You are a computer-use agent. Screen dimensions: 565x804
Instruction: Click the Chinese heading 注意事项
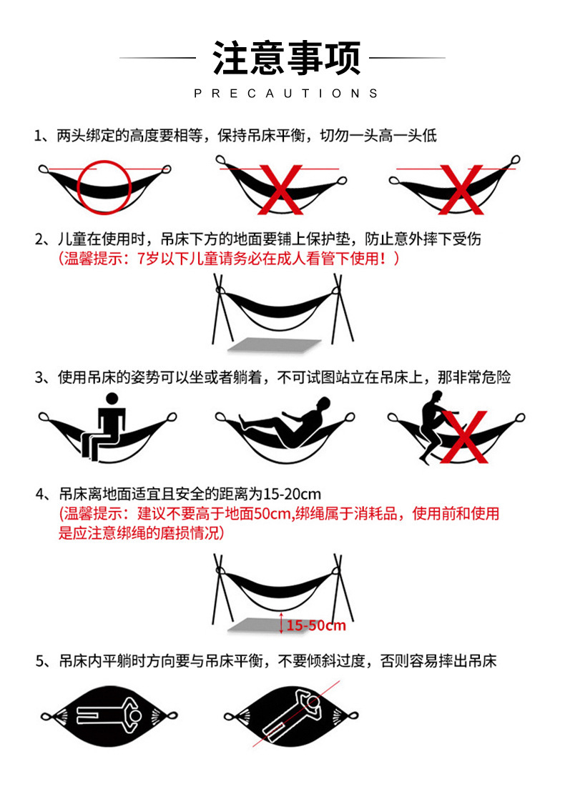coord(286,57)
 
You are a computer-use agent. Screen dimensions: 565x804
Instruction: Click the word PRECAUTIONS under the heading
coord(286,94)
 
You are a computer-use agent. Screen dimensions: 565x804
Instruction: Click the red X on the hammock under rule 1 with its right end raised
coord(461,189)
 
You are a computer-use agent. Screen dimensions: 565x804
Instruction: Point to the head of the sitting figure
coord(112,399)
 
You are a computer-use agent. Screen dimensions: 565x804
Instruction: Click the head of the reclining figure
coord(323,404)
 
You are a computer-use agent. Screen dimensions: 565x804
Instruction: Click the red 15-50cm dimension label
coord(316,625)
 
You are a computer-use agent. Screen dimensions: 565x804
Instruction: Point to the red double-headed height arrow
coord(281,622)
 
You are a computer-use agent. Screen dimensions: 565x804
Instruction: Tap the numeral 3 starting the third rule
coord(39,378)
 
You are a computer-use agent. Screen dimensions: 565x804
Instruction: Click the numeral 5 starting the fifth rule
coord(39,662)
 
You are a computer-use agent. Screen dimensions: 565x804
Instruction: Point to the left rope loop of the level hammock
coord(44,169)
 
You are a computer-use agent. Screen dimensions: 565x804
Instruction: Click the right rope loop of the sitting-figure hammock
coord(172,417)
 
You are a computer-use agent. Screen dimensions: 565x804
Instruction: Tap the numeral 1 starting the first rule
coord(38,136)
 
